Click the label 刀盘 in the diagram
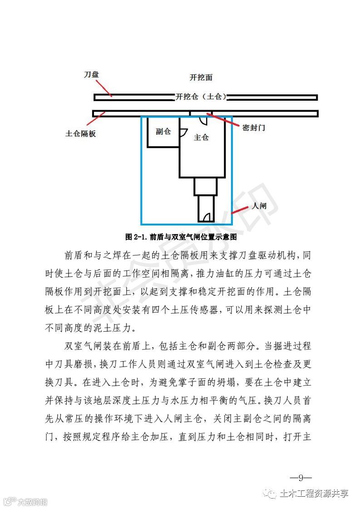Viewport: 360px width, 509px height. (91, 74)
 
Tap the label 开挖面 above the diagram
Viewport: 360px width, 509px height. (201, 78)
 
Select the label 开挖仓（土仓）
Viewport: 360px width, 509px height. (201, 97)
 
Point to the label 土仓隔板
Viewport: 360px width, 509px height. (81, 134)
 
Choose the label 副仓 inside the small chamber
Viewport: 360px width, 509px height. (163, 132)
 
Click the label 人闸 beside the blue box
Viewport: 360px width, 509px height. (259, 206)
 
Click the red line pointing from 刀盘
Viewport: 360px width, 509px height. (105, 86)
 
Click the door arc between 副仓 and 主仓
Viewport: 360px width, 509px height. (183, 132)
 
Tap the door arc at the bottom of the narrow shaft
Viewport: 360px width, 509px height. (208, 217)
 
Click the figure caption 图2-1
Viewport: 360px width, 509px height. (181, 237)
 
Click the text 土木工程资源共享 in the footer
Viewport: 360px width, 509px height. (314, 494)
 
